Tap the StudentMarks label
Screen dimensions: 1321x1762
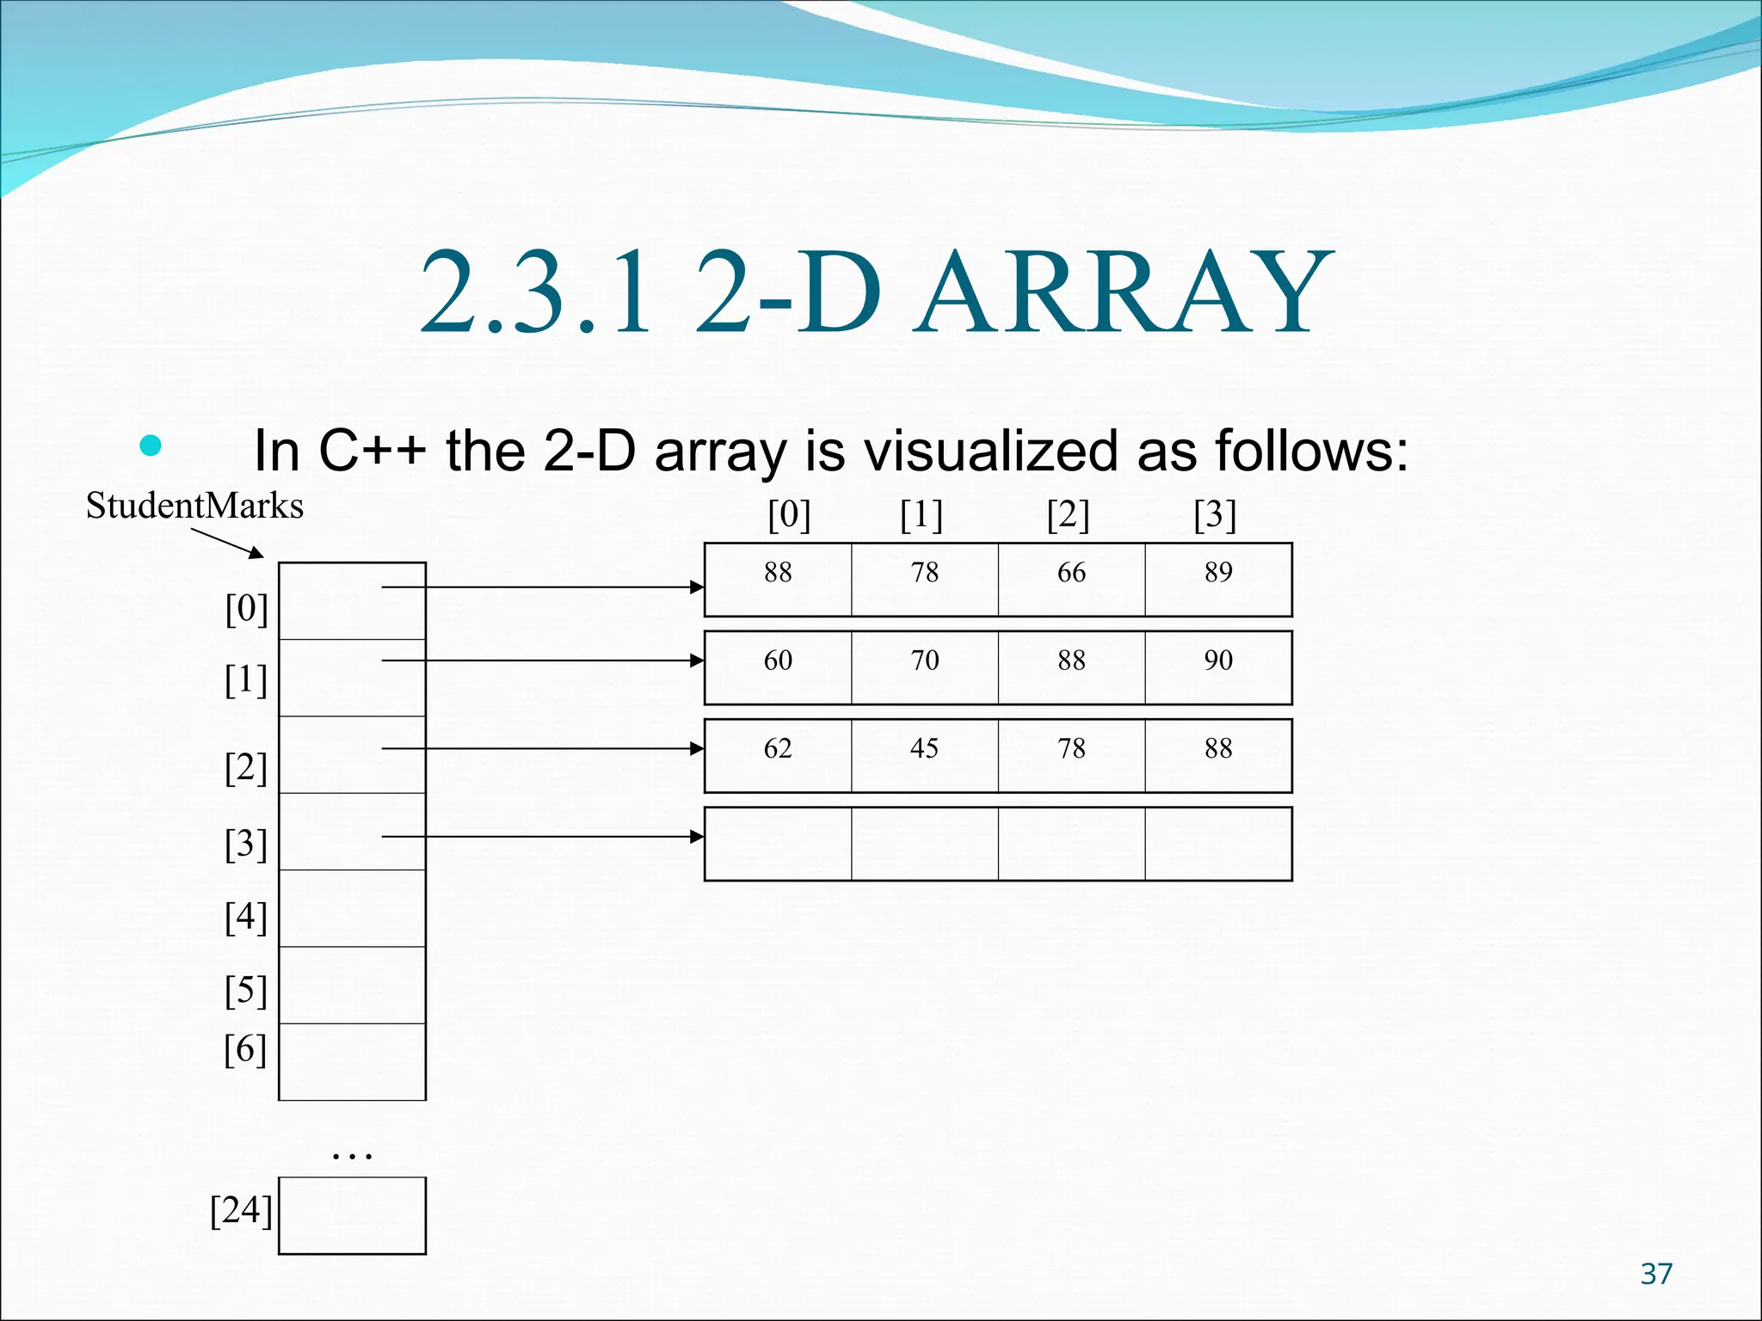click(x=194, y=506)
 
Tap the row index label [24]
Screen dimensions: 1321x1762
click(x=241, y=1210)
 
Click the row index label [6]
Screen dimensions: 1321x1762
click(x=246, y=1049)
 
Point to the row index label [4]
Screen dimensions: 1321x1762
click(x=246, y=917)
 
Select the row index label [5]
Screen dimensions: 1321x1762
click(x=246, y=991)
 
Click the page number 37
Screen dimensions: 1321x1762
click(x=1656, y=1274)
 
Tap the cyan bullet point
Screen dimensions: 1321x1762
click(x=151, y=445)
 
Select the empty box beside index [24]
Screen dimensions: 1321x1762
click(x=352, y=1215)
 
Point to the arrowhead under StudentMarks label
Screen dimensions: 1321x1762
click(x=256, y=553)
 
